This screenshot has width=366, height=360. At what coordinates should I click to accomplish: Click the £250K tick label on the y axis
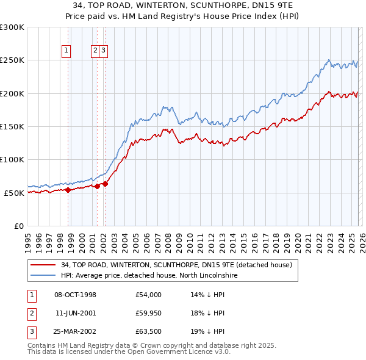(x=12, y=60)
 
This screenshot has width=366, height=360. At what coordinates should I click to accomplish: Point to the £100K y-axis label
(x=12, y=160)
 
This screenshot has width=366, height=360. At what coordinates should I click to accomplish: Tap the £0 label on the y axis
(x=18, y=226)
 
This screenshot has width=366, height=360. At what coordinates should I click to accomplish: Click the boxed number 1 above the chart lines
(x=65, y=51)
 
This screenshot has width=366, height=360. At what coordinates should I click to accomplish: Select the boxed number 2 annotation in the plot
(x=96, y=51)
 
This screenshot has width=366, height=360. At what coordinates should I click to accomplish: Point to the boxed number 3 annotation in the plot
(x=104, y=51)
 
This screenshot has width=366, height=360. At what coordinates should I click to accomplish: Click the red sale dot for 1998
(x=68, y=190)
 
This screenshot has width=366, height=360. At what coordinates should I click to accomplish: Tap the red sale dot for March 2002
(x=105, y=184)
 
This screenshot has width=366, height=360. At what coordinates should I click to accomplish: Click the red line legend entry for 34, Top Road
(x=177, y=265)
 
